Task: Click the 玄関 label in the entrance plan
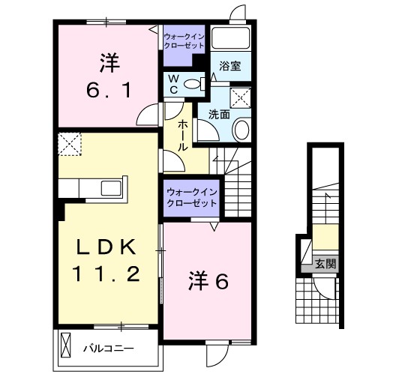click(x=325, y=264)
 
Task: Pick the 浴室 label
click(x=229, y=67)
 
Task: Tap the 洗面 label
click(x=218, y=115)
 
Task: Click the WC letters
click(x=172, y=83)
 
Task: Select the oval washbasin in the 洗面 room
click(x=241, y=130)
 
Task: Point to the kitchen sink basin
click(x=108, y=187)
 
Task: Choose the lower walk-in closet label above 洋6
click(x=191, y=197)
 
